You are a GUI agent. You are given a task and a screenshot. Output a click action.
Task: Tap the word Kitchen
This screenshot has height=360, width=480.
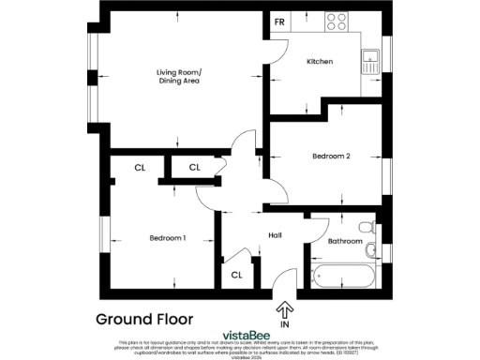(x=321, y=62)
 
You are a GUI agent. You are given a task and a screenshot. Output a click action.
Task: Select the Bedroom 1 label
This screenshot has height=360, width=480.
(x=168, y=238)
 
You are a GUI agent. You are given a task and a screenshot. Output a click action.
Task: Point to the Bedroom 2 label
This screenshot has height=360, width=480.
(x=330, y=157)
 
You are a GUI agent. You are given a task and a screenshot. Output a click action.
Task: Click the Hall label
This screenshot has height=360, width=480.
(x=275, y=235)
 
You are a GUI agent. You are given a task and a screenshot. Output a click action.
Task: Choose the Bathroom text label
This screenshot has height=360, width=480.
(x=345, y=241)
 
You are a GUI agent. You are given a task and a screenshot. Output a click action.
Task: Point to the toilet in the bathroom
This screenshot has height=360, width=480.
(x=372, y=249)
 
